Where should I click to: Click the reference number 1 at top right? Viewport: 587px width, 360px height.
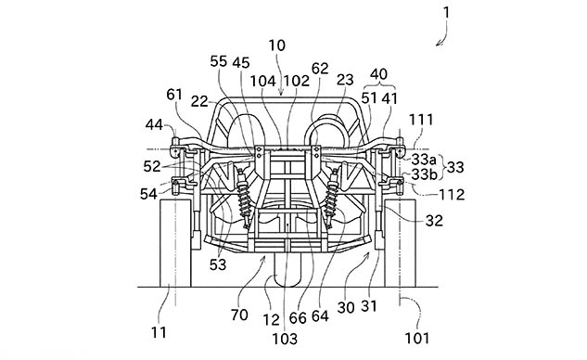(x=446, y=13)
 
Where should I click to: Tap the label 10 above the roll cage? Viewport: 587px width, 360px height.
(x=277, y=45)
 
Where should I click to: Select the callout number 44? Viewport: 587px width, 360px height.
(x=154, y=124)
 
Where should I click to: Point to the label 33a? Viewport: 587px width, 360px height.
(x=424, y=160)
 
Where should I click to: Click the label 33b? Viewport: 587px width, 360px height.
(x=424, y=174)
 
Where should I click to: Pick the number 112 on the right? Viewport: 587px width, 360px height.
(x=452, y=195)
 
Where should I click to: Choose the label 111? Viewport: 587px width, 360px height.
(x=421, y=120)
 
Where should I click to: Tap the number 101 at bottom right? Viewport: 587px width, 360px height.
(x=417, y=339)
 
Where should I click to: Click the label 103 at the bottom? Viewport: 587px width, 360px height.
(x=285, y=339)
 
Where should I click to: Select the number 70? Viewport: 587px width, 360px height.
(x=239, y=315)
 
